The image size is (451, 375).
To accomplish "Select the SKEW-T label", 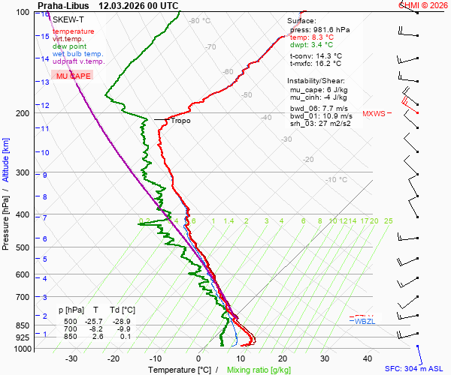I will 67,19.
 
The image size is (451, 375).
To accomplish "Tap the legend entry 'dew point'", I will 70,46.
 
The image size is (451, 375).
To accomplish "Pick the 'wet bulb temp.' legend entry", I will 78,54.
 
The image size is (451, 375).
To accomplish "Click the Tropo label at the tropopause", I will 180,121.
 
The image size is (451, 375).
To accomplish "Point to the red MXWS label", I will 373,114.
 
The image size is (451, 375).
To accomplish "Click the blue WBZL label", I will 365,321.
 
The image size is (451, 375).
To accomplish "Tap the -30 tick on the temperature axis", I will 71,358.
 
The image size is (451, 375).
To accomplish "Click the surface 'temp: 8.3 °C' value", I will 312,37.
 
